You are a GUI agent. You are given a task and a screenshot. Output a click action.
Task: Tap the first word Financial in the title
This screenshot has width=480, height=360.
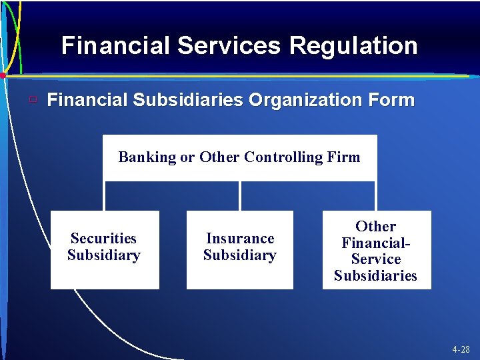[116, 46]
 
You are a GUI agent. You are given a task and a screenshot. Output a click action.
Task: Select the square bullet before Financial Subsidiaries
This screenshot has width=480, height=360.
[32, 101]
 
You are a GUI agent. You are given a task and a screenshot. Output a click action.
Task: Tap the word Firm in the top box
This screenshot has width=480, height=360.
[344, 157]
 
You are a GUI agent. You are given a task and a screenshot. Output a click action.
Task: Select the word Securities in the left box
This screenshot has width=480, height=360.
[103, 239]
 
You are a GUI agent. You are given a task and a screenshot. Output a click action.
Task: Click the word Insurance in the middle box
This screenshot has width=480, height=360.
[240, 239]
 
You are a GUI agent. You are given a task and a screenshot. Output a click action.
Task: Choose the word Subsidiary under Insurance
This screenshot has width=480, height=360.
[240, 255]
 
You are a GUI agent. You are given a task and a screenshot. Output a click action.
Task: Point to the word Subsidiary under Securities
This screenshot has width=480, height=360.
[103, 255]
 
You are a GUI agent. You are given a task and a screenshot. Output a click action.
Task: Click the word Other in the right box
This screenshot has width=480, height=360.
[376, 227]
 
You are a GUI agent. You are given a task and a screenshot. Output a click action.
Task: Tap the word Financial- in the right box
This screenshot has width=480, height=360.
[376, 243]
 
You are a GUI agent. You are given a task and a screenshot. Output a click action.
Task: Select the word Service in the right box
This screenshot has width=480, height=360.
[376, 259]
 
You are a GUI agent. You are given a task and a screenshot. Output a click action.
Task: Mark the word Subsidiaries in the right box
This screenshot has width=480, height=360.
[376, 276]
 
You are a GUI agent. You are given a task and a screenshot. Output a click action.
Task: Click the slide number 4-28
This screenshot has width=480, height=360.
[461, 349]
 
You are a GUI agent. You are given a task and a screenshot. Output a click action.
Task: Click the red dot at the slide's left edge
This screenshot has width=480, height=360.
[3, 76]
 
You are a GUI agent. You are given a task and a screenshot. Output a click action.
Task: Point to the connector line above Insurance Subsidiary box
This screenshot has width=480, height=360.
[240, 196]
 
